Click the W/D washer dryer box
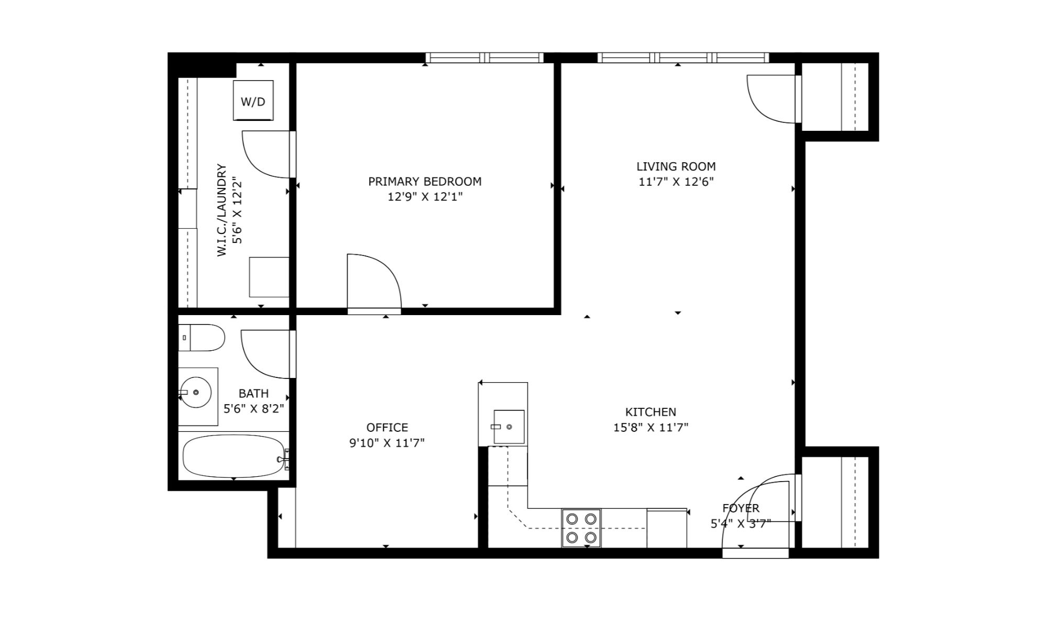pos(253,101)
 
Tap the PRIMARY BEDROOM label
pos(425,182)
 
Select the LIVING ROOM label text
pos(676,166)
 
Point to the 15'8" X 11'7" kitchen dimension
pos(651,427)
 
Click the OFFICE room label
pos(387,427)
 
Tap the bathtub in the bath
pos(234,456)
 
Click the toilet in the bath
pos(202,338)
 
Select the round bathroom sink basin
pos(195,392)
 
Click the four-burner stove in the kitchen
pos(581,528)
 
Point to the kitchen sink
pos(509,427)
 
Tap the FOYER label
pos(741,508)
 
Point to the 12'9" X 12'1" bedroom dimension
pos(425,197)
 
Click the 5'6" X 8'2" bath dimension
pos(254,408)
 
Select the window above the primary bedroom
pos(484,58)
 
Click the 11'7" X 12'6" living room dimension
pos(676,182)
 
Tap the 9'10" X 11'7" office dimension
pos(387,443)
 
